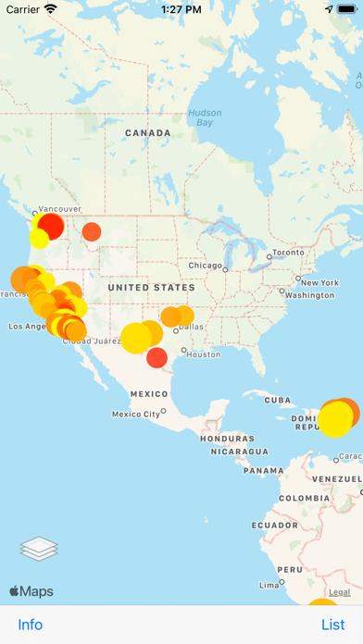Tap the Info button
(31, 625)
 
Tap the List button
(332, 625)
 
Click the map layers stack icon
(39, 550)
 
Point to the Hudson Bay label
(205, 118)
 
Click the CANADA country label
(148, 133)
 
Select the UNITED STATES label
(153, 288)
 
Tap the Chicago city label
(205, 266)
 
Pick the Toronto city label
(288, 252)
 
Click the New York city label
(319, 282)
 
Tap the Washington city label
(309, 295)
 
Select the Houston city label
(203, 353)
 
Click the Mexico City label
(136, 414)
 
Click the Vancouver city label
(60, 209)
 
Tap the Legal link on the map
(340, 592)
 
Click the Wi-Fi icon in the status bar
(50, 8)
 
